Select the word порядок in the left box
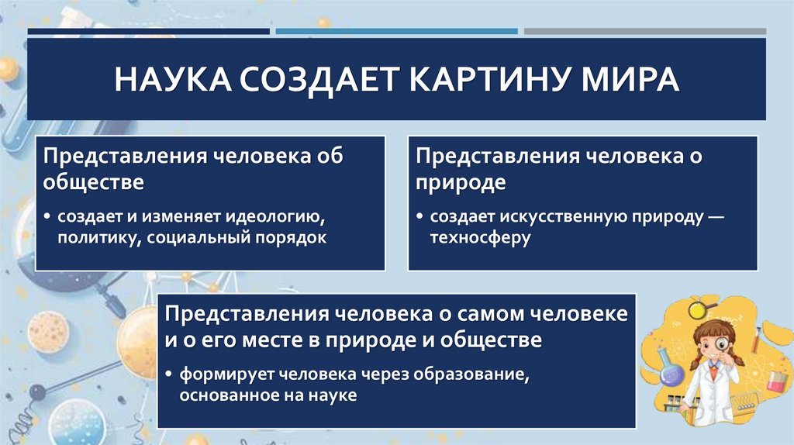tap(288, 236)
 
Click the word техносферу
tap(481, 237)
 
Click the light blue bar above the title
tap(396, 32)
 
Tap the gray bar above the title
tap(644, 32)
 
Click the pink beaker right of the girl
tap(775, 378)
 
